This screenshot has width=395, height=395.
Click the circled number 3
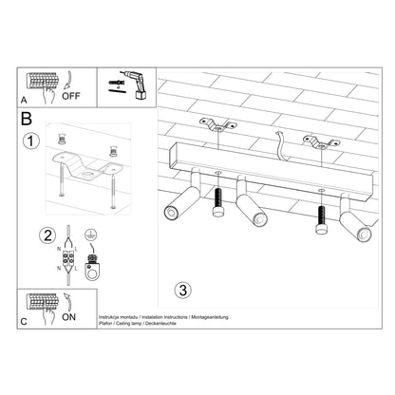[x=182, y=288]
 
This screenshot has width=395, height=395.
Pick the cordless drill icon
[x=126, y=85]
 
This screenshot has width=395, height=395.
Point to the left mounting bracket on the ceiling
[x=217, y=122]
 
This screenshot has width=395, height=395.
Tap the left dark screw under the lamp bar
[x=217, y=202]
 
